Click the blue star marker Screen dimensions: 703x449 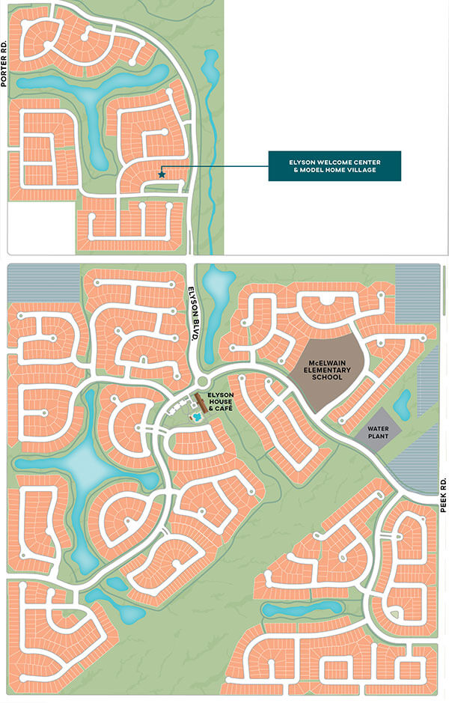162,174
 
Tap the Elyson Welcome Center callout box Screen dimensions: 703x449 335,165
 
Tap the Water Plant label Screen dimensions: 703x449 373,433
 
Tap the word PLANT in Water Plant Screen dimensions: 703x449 373,438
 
